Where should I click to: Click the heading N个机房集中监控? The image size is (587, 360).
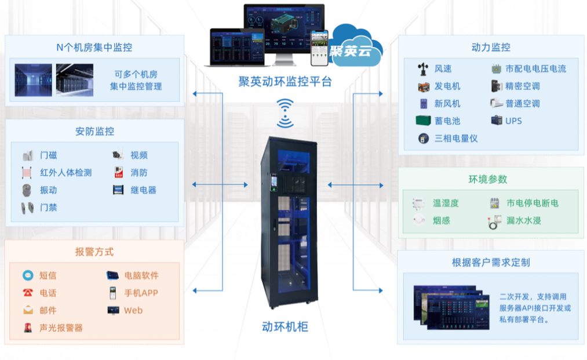[94, 48]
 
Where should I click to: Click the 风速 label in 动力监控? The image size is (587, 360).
[443, 69]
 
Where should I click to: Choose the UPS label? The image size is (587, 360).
[513, 121]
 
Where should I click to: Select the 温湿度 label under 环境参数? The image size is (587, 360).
[446, 203]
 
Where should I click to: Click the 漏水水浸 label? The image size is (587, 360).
[524, 221]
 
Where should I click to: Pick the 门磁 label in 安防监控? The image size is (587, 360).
[49, 155]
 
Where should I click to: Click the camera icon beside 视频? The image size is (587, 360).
[118, 155]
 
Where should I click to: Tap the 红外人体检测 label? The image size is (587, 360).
[66, 173]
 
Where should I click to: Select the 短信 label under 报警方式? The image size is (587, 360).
[48, 276]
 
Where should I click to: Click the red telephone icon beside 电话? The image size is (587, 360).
[28, 293]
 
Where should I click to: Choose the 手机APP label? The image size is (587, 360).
[141, 293]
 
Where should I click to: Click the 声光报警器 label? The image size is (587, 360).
[61, 328]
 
